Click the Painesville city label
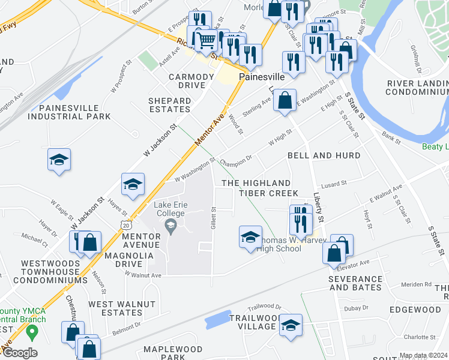pos(261,77)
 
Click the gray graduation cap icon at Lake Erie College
pos(170,226)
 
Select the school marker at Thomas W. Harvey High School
pos(250,237)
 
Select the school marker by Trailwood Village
pos(291,325)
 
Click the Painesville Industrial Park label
pos(76,112)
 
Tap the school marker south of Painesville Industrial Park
pos(59,160)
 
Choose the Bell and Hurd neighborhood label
pos(324,155)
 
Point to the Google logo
pos(19,353)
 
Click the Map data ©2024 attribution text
pos(423,355)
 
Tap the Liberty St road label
pos(318,206)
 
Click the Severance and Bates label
pos(355,283)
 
